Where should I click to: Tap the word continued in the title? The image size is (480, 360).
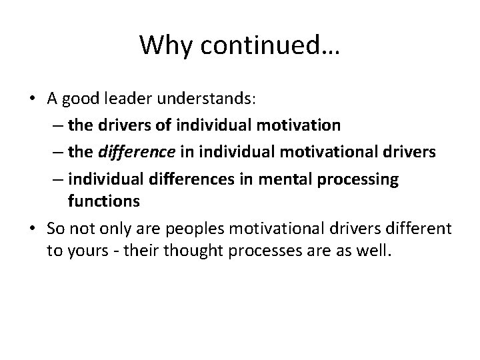[268, 45]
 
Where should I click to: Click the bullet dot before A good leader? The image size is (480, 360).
[32, 99]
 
